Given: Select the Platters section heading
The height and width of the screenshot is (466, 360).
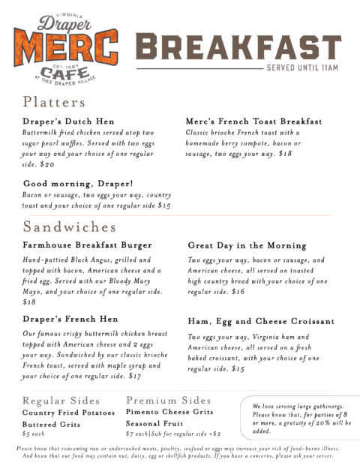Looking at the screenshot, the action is coord(54,102).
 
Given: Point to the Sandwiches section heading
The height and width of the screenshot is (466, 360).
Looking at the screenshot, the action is coord(70,227).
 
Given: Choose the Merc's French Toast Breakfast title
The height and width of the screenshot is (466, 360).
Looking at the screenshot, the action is coord(253,121).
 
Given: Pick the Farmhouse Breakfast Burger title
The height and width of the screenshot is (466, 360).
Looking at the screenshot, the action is coord(87,245).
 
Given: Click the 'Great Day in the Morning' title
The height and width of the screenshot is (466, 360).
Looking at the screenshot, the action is coord(247,245).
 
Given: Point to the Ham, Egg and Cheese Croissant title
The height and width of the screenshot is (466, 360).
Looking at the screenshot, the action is coord(261,321).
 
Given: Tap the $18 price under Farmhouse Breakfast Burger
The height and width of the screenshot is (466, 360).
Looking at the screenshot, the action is coord(29,302).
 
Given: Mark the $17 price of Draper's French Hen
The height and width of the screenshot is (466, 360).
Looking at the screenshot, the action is coord(136,376).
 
